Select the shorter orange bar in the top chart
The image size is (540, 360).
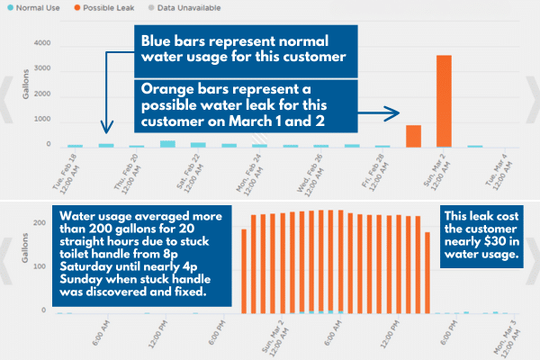click(414, 136)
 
